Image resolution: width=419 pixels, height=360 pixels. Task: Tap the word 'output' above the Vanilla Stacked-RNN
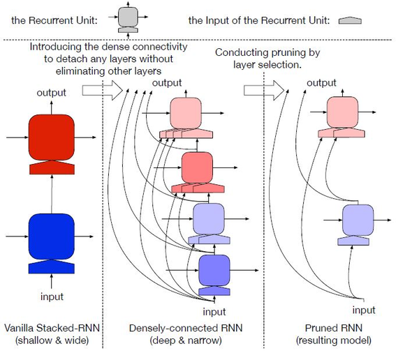point(51,92)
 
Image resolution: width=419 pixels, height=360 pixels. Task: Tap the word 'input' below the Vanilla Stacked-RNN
point(51,297)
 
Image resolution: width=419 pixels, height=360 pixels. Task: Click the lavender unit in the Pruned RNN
point(357,219)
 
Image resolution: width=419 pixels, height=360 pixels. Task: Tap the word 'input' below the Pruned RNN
point(363,310)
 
